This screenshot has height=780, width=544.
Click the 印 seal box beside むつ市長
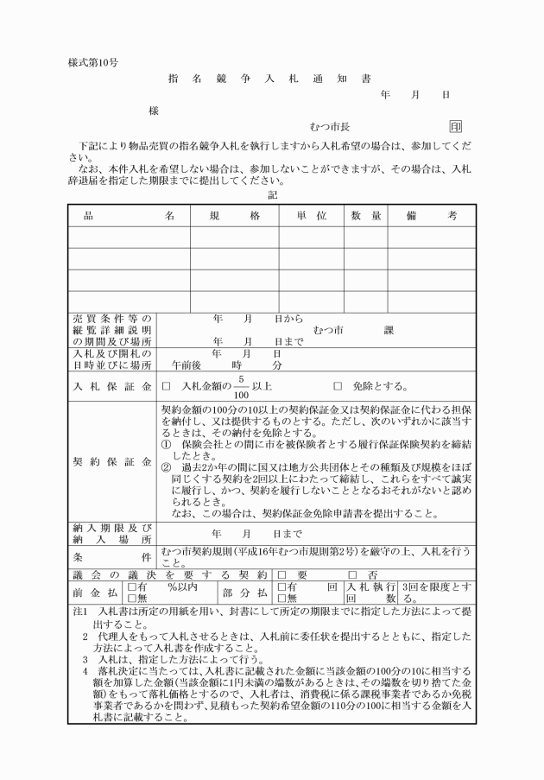(x=456, y=127)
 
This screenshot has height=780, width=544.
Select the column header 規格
(x=234, y=215)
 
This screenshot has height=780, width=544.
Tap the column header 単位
(x=311, y=215)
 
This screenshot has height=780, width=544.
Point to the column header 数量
(x=366, y=215)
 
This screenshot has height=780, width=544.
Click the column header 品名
(x=129, y=215)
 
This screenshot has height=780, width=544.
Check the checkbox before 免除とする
(x=338, y=386)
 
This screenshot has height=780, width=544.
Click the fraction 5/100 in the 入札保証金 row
(x=243, y=386)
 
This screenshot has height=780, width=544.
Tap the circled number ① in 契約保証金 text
(x=167, y=442)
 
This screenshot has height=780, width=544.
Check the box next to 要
(x=281, y=574)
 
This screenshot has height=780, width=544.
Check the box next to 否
(x=351, y=574)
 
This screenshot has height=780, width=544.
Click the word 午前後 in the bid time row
(x=187, y=365)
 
